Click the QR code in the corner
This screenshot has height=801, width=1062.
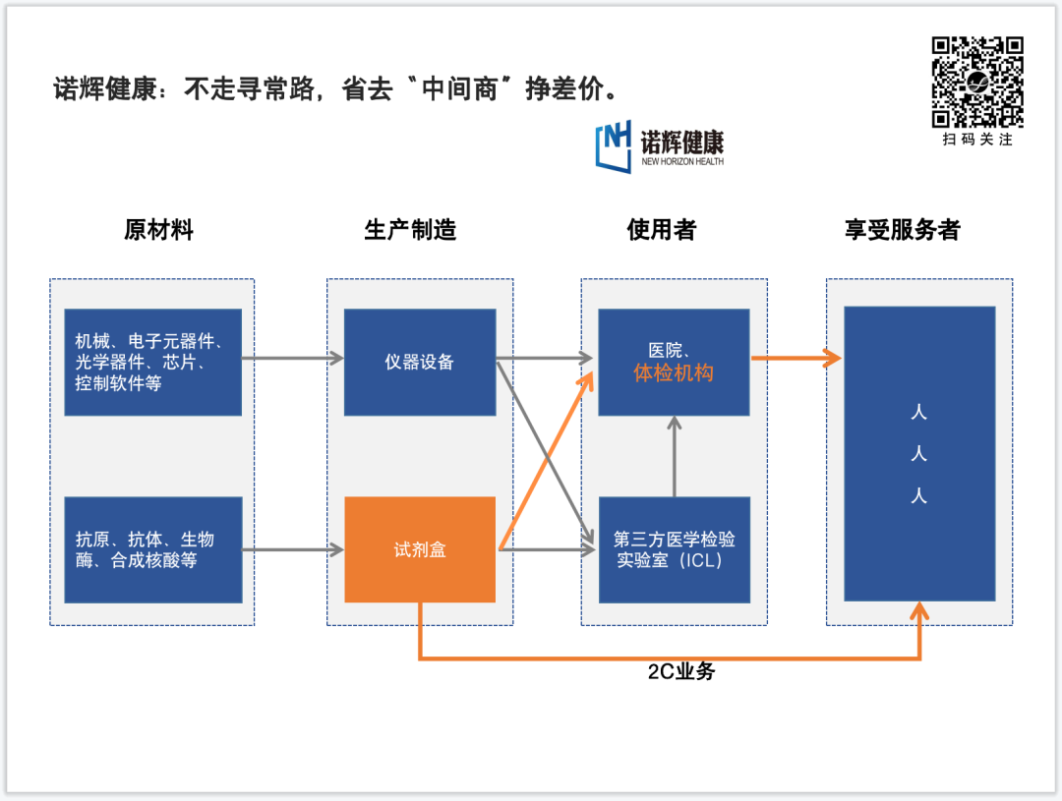977,83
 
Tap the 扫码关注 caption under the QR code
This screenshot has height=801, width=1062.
977,140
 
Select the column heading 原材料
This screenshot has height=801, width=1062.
158,230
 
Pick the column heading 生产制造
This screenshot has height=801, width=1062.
410,230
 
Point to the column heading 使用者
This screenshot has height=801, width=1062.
662,230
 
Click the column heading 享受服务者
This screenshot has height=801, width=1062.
902,230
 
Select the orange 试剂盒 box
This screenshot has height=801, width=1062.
420,549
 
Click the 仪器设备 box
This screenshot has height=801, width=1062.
420,362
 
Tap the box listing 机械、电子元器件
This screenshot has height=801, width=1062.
152,362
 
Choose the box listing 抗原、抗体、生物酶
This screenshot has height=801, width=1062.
152,549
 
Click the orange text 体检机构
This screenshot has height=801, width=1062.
674,373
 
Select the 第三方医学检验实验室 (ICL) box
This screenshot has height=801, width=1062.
674,549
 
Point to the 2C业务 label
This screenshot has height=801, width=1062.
681,672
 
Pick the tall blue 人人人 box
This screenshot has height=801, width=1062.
919,453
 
